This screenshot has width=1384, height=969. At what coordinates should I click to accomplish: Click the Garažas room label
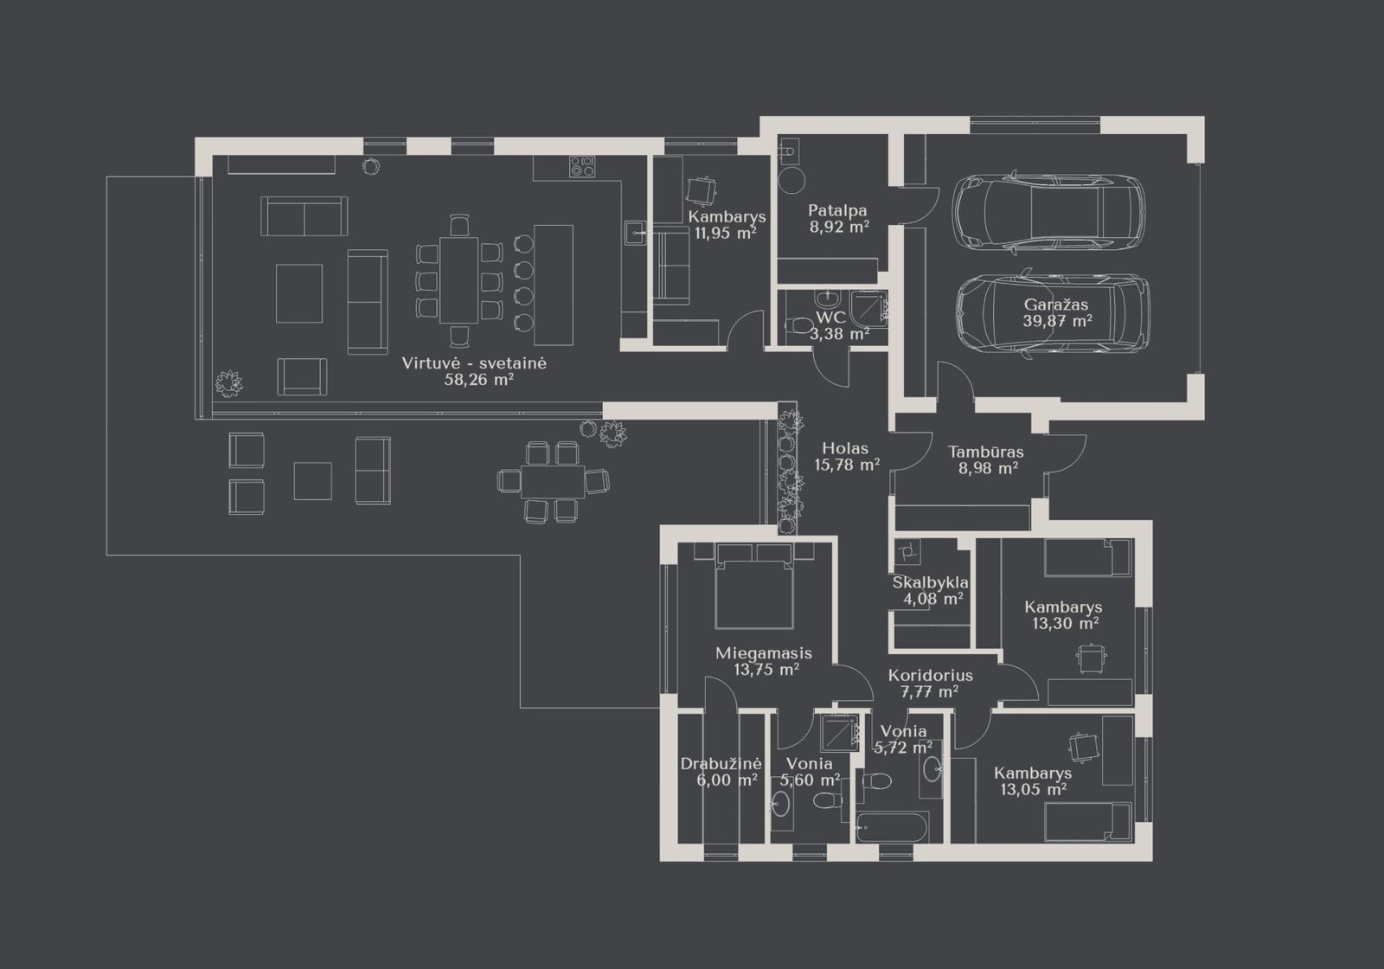click(x=1056, y=305)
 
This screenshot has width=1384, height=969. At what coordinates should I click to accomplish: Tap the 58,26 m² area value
click(x=479, y=380)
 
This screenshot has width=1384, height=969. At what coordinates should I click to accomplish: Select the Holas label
click(x=845, y=449)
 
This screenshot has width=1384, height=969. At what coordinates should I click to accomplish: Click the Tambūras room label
click(x=986, y=452)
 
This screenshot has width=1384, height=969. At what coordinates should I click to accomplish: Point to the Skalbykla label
click(x=930, y=582)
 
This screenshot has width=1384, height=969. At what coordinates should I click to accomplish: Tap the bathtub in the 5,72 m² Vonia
click(x=892, y=826)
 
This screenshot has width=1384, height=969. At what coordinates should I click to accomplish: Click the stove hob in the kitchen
click(x=582, y=166)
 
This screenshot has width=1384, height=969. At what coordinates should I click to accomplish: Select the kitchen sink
click(x=635, y=233)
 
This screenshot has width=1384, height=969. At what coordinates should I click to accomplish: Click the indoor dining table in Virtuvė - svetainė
click(x=458, y=280)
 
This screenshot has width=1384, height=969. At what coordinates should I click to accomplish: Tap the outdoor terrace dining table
click(x=553, y=481)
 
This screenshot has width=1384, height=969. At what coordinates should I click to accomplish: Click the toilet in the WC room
click(x=799, y=325)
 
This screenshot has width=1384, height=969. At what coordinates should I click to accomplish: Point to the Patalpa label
click(x=837, y=211)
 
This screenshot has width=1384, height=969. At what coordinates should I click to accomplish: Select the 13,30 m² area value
click(x=1065, y=623)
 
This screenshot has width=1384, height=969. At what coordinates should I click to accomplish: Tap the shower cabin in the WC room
click(x=868, y=307)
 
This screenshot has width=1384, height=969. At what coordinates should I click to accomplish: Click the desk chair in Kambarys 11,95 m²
click(x=702, y=190)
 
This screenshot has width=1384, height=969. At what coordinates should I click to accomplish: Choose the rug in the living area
click(x=299, y=293)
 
